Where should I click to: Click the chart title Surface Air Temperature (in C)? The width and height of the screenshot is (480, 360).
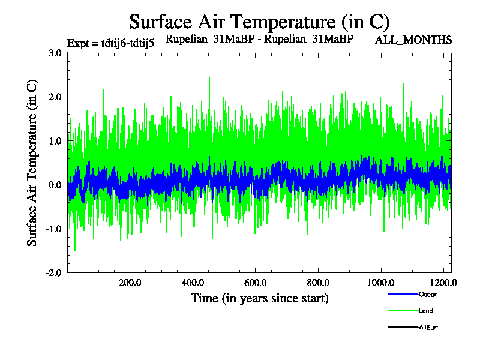click(x=259, y=22)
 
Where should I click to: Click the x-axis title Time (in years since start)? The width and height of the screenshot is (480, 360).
click(x=259, y=298)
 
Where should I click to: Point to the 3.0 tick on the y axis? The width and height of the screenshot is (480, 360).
click(x=55, y=53)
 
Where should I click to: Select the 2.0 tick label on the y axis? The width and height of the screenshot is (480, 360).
click(x=55, y=97)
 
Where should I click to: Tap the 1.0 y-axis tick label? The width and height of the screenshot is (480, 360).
click(x=55, y=141)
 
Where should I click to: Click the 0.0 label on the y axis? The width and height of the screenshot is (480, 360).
click(x=55, y=185)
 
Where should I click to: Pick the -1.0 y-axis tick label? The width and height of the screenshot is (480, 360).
click(x=54, y=229)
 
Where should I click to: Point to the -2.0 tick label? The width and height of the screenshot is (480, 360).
click(x=54, y=272)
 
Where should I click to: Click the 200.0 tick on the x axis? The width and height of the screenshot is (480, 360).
click(x=129, y=282)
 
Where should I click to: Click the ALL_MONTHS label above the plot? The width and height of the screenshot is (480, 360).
click(x=413, y=40)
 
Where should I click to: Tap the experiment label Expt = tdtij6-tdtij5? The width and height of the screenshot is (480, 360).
click(x=111, y=43)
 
